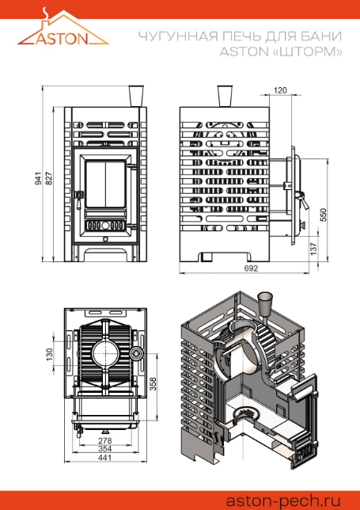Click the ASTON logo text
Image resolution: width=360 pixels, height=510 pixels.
(62, 39)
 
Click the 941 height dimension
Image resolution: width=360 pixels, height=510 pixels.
(39, 179)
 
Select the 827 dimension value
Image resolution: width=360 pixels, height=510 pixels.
(48, 179)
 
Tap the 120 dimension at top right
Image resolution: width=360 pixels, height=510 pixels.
(280, 90)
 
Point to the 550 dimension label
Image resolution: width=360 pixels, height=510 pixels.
(324, 215)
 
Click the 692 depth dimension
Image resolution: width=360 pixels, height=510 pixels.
(251, 268)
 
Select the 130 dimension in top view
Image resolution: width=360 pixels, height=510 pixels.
(49, 355)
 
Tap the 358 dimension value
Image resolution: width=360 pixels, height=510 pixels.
(153, 384)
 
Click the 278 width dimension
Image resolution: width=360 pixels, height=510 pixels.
(104, 441)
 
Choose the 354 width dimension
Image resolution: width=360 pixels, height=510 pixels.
(104, 449)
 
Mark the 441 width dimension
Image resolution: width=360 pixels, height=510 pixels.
(104, 457)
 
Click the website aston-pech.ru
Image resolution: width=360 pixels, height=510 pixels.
(283, 500)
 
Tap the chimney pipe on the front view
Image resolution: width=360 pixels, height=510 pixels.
(136, 97)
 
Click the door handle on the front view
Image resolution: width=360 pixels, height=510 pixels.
(78, 199)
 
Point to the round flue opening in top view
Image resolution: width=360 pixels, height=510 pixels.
(105, 354)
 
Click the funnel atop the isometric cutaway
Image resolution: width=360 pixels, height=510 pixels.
(266, 303)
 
